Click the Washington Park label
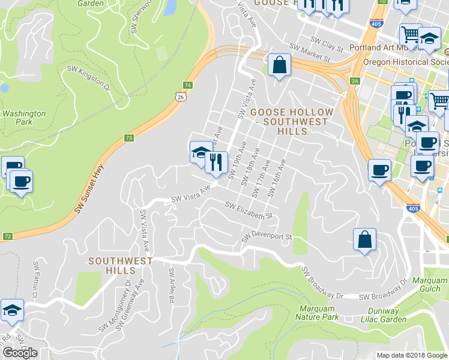(24, 117)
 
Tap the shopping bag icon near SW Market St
(280, 65)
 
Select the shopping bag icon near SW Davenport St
(364, 240)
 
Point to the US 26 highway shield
(181, 96)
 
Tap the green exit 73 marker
(129, 137)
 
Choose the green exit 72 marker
(7, 236)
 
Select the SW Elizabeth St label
(249, 210)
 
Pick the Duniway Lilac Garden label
(380, 315)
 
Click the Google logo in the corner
(20, 352)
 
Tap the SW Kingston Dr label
(89, 79)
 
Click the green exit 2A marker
(355, 80)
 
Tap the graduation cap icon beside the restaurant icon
(200, 152)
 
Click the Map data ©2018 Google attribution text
(412, 355)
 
